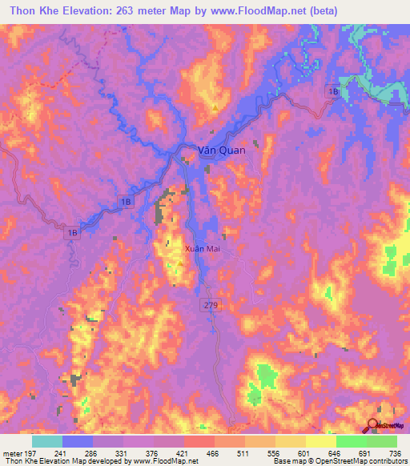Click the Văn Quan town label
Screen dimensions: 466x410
point(222,150)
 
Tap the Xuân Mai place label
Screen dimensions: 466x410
point(203,249)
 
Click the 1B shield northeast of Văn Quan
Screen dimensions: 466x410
point(332,93)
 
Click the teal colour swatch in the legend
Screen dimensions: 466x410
point(47,441)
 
